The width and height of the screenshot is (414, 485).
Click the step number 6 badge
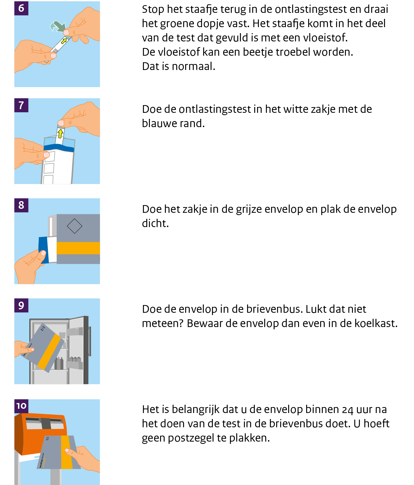pos(21,8)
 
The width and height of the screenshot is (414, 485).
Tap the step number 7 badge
pos(21,105)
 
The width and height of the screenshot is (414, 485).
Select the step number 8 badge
pos(21,205)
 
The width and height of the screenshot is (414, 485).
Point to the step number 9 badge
pos(21,305)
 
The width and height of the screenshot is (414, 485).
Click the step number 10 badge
pos(21,406)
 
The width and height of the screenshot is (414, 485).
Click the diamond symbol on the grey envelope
pos(74,226)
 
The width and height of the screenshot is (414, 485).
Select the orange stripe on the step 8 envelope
pos(78,248)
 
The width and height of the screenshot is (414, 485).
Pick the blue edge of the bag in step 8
pos(43,250)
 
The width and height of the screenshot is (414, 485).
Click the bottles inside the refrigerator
pos(59,363)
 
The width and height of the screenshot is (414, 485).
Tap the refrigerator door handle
pos(90,341)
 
